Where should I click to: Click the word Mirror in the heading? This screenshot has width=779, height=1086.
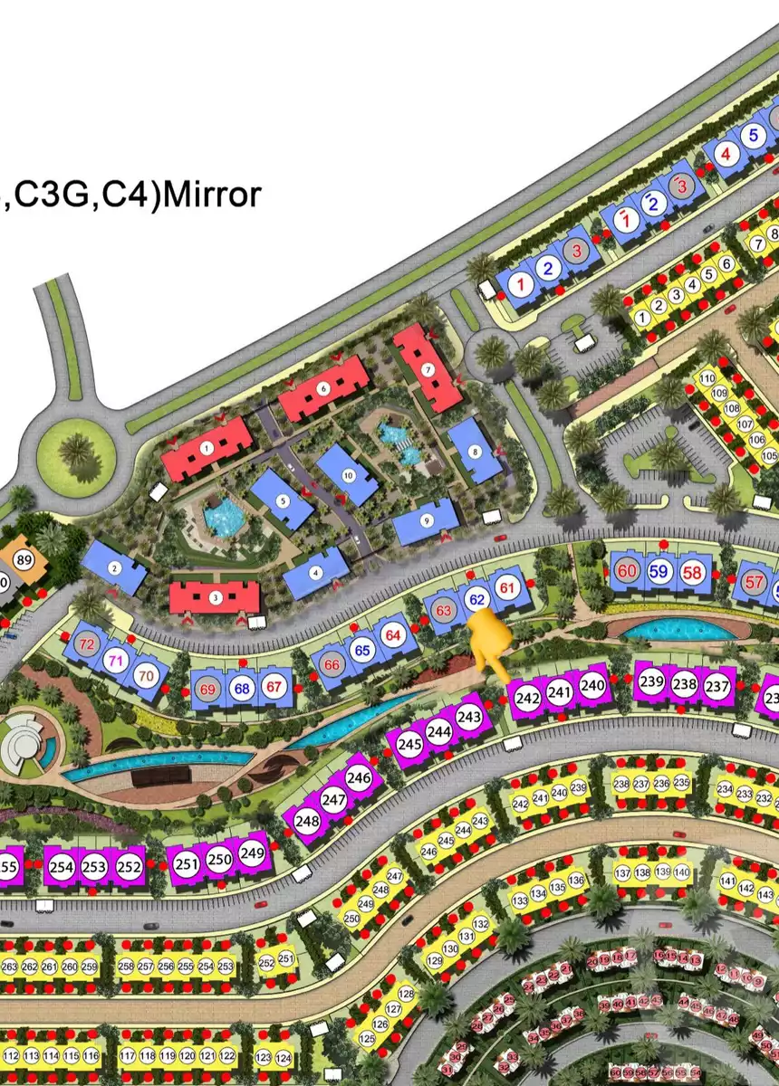tap(210, 195)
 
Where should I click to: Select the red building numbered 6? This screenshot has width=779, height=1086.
tap(323, 388)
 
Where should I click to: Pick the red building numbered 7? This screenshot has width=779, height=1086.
tap(428, 367)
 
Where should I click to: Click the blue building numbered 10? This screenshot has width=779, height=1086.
tap(348, 474)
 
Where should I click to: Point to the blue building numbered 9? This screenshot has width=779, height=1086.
tap(427, 520)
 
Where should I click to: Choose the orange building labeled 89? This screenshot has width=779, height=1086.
tap(24, 561)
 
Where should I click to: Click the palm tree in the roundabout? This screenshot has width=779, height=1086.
tap(79, 449)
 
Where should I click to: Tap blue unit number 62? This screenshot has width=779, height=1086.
tap(477, 598)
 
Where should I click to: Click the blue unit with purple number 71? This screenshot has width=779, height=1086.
tap(115, 660)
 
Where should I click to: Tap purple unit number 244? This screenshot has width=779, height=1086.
tap(439, 731)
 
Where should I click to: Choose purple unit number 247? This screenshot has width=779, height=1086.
tap(333, 800)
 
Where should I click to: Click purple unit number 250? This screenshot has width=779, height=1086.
tap(219, 859)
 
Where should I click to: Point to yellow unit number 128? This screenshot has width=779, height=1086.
tap(405, 995)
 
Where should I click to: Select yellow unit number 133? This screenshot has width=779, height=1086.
tap(519, 902)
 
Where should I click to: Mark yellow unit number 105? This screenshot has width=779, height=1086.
tap(769, 455)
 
